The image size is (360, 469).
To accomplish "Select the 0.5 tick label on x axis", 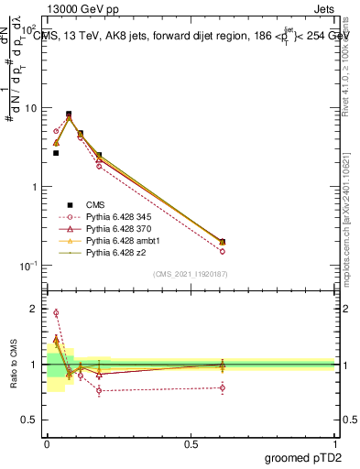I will pyautogui.click(x=191, y=445).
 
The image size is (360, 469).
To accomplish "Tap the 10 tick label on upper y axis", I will pyautogui.click(x=32, y=108).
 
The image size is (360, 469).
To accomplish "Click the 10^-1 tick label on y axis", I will pyautogui.click(x=30, y=266).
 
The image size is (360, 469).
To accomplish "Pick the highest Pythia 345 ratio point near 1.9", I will pyautogui.click(x=56, y=313).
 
